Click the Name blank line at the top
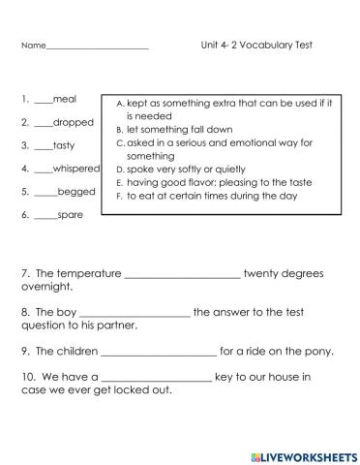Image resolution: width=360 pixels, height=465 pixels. tap(97, 46)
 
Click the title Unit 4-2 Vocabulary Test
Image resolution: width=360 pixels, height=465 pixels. tap(256, 45)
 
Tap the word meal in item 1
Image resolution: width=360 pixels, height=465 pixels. tap(66, 99)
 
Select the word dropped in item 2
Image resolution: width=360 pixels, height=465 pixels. tap(74, 123)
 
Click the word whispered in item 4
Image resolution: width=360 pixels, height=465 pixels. tap(76, 169)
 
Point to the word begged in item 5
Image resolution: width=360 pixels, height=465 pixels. tap(76, 192)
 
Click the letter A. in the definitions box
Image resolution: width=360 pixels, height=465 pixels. tap(119, 102)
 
